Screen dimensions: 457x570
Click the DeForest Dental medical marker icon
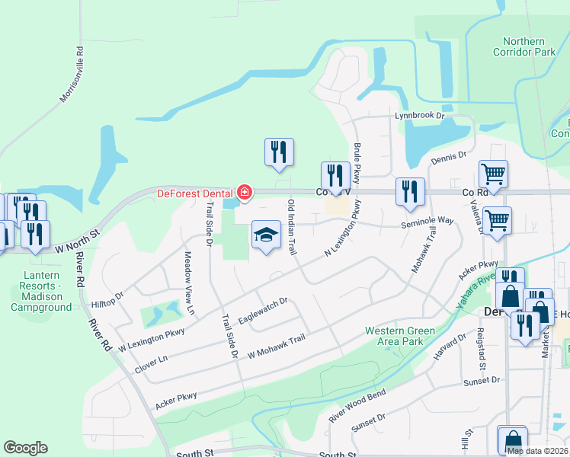tap(244, 193)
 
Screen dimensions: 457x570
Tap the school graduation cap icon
tap(266, 236)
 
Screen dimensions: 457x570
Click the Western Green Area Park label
tap(399, 336)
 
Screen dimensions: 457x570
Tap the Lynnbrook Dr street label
tap(418, 116)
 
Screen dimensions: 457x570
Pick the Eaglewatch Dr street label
tap(262, 311)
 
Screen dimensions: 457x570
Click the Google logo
tap(25, 448)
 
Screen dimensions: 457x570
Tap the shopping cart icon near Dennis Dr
tap(493, 174)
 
